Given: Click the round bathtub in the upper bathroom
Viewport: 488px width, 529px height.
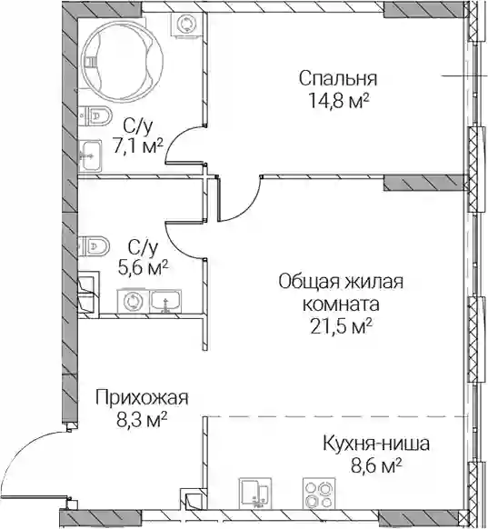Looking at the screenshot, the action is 123,60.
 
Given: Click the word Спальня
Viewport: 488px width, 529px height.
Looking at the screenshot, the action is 338,78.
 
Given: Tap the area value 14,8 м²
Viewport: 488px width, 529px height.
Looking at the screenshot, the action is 338,101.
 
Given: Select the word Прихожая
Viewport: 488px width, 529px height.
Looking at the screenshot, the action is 142,398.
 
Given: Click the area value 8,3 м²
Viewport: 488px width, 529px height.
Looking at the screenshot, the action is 142,419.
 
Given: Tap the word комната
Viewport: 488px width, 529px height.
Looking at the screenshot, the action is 342,304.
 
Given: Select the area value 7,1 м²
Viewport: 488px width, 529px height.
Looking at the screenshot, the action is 138,147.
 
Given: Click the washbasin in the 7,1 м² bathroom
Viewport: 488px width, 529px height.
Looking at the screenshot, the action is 90,156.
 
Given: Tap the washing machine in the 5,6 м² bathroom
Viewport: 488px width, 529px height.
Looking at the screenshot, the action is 132,301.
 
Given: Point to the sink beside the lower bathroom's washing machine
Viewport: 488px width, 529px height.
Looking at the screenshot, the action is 165,302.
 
